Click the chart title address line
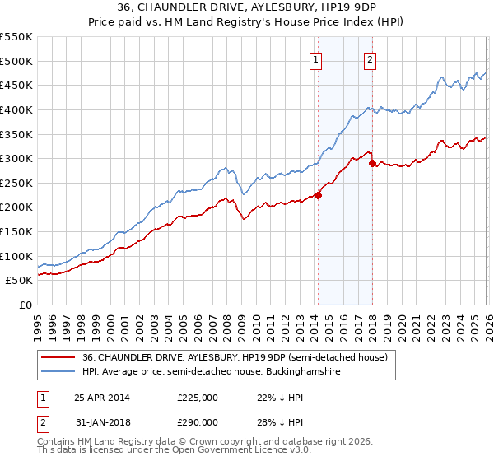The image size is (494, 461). tap(247, 9)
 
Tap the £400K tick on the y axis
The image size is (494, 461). tap(16, 109)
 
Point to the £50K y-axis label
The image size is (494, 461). tap(19, 281)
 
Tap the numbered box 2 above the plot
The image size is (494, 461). tap(370, 58)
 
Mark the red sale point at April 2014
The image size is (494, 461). tap(318, 195)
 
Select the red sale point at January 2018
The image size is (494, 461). tap(372, 164)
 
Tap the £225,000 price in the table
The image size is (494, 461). tap(198, 397)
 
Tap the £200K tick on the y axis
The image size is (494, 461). tap(16, 207)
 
